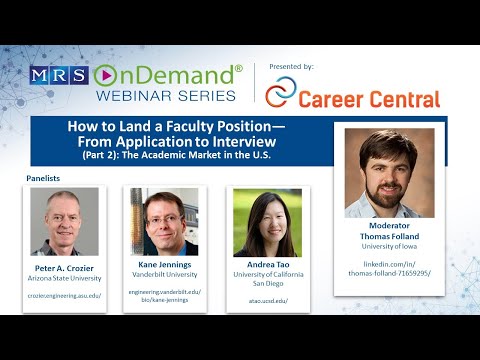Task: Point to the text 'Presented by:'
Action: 291,66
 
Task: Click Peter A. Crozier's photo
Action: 64,222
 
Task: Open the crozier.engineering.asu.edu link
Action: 64,296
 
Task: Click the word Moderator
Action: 390,225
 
